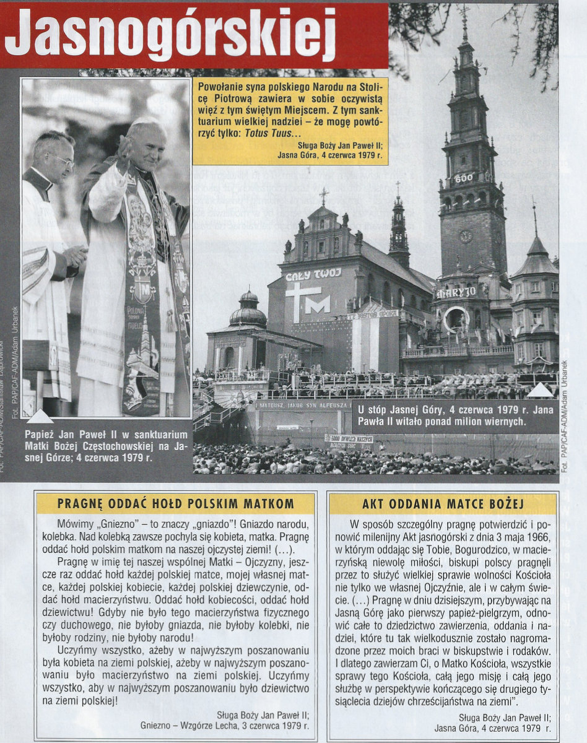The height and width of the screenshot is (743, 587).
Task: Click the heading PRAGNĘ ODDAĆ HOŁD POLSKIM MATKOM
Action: coord(176,503)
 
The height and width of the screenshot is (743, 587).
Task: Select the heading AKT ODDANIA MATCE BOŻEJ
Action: coord(443,503)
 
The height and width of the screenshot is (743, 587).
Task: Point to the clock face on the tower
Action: coord(465,236)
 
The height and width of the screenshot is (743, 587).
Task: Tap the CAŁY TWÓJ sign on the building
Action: coord(313,274)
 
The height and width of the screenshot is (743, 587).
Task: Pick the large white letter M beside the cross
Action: coord(317,304)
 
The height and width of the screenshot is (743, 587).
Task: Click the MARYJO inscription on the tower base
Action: coord(456,292)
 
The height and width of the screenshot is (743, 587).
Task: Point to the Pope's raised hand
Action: coord(125,148)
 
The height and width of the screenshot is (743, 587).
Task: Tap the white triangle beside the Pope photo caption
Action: coord(40,416)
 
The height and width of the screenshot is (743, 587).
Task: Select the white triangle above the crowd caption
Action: coord(540,389)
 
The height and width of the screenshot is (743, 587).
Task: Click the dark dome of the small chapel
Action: coord(248,313)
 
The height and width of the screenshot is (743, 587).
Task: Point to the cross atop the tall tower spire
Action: coord(464,11)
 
